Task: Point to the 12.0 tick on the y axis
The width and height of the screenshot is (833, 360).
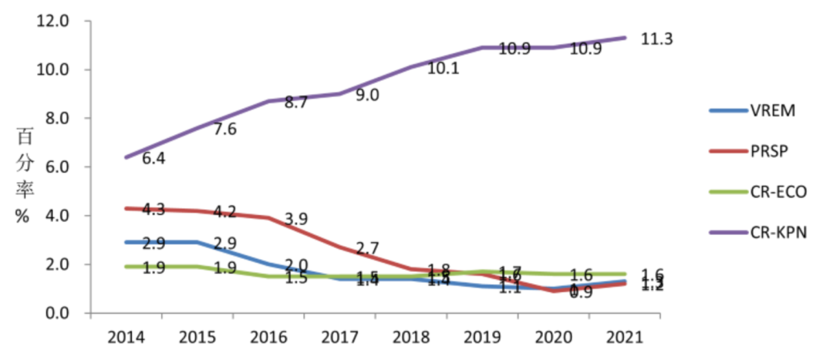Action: tap(53, 21)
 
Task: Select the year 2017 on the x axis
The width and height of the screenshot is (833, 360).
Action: tap(340, 338)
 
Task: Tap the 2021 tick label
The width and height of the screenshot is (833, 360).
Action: tap(624, 338)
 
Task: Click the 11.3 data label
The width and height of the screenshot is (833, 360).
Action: tap(657, 39)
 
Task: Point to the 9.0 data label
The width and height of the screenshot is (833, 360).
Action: tap(366, 95)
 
